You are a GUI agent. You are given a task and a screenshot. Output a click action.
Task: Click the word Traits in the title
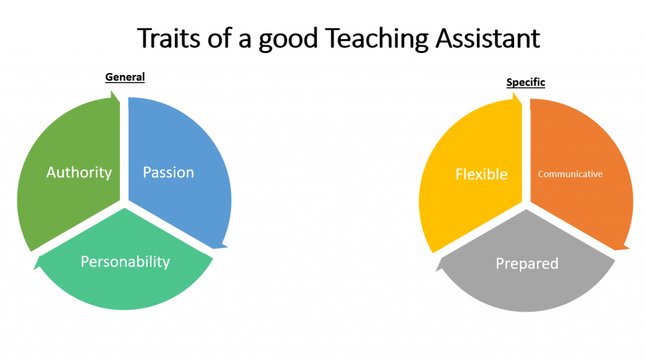tap(169, 38)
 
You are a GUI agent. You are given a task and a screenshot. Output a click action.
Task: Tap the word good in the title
tap(288, 40)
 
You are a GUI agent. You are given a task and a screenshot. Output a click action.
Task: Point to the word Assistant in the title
tap(488, 38)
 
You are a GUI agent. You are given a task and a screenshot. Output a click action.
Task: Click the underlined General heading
tap(125, 77)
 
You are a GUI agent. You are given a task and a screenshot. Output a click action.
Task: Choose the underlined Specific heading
tap(526, 83)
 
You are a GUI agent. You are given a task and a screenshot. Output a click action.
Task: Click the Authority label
tap(79, 173)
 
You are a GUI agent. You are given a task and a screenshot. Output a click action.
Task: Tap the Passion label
tap(168, 173)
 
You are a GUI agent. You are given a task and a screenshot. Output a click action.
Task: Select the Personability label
tap(126, 262)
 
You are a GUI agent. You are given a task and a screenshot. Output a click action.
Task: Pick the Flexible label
tap(481, 174)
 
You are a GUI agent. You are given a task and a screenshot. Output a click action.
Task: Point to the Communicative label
tap(570, 174)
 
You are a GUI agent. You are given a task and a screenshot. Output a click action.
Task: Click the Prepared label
tap(527, 264)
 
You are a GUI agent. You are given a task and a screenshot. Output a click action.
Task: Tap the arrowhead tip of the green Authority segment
tap(112, 92)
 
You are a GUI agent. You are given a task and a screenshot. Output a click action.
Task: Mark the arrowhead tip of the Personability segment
tap(34, 269)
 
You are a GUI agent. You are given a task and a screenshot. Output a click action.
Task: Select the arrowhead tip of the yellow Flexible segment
tap(514, 93)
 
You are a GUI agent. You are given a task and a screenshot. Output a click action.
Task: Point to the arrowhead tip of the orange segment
tap(629, 248)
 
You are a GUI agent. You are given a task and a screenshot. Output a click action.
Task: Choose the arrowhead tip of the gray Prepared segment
tap(437, 271)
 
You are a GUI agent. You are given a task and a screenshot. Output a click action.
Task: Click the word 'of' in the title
tap(220, 38)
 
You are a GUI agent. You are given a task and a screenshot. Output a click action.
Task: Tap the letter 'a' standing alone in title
tap(245, 41)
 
